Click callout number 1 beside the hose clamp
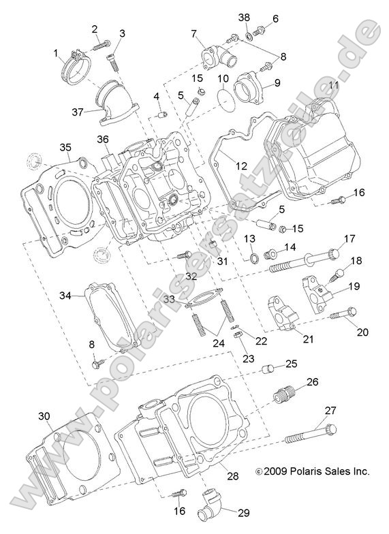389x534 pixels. pyautogui.click(x=56, y=52)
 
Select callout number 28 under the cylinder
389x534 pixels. pyautogui.click(x=232, y=476)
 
